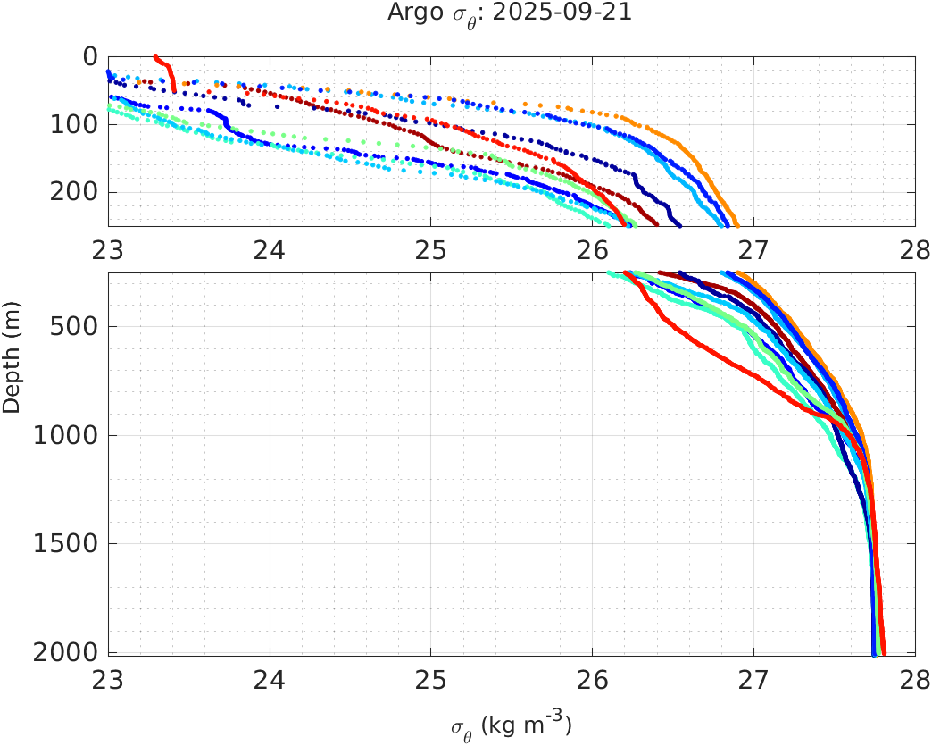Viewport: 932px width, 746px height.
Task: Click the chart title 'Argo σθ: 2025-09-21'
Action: [x=510, y=13]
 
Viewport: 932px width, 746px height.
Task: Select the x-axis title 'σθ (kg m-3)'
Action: [x=510, y=725]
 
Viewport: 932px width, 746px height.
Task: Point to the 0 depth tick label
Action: [x=90, y=57]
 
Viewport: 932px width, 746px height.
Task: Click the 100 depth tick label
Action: [x=75, y=124]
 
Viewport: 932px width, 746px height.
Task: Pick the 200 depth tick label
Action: [x=75, y=192]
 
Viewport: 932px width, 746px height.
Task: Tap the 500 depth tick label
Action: [x=75, y=326]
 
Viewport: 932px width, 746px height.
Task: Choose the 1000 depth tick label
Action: [x=68, y=436]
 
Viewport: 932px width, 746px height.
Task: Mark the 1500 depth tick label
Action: [x=68, y=544]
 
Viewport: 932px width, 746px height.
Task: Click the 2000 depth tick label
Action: [x=68, y=652]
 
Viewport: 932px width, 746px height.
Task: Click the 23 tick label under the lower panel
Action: [x=109, y=681]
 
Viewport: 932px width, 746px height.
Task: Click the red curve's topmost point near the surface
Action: [x=155, y=57]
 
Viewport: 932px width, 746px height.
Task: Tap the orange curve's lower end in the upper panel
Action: [x=736, y=225]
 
